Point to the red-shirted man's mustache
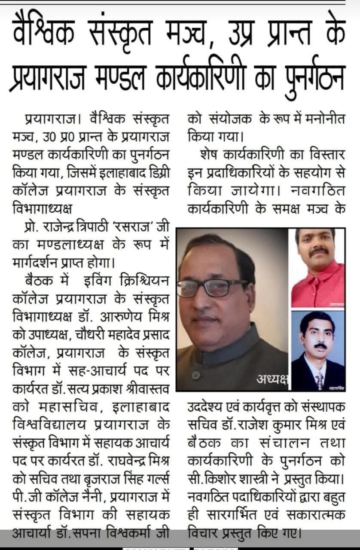pyautogui.click(x=320, y=251)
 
